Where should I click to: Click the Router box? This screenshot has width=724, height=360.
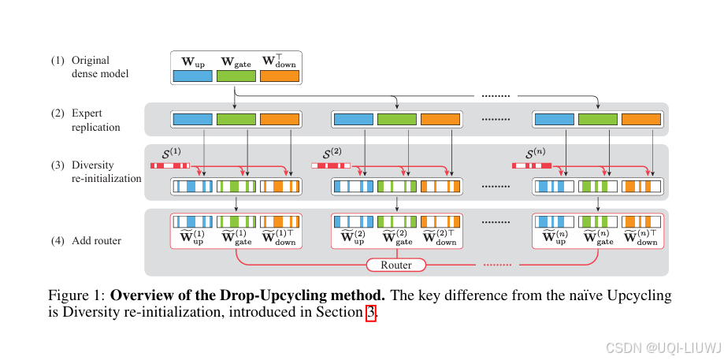[x=395, y=265]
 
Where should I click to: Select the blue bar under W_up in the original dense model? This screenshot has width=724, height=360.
[x=193, y=76]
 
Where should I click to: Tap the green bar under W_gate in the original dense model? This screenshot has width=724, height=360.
[x=236, y=76]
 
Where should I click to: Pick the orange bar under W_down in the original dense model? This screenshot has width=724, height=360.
[x=280, y=76]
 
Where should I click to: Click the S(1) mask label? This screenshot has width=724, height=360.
[x=170, y=153]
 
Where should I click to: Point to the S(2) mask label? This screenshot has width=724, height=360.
[x=332, y=153]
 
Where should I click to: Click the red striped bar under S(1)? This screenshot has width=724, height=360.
[x=170, y=165]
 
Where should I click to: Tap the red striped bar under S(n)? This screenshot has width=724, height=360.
[x=531, y=165]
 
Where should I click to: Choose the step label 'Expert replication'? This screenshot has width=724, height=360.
[x=96, y=120]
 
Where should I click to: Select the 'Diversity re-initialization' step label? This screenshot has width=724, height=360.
[x=106, y=172]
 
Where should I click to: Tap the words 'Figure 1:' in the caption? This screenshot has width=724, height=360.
[x=76, y=296]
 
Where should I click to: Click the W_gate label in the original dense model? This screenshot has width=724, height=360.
[x=236, y=61]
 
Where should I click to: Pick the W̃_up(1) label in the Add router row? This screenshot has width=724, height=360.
[x=193, y=237]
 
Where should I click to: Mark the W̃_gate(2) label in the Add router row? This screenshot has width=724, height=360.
[x=396, y=237]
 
